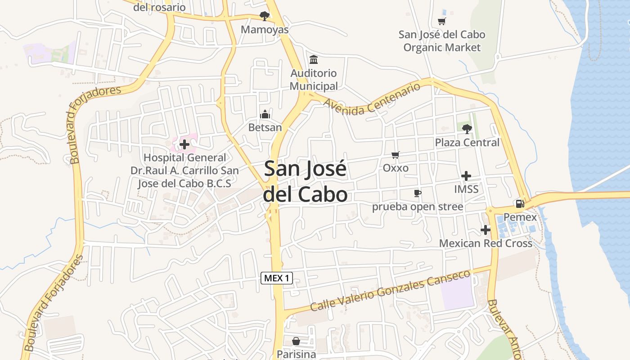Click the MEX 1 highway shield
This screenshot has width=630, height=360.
[277, 278]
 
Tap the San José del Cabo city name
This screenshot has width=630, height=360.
[306, 181]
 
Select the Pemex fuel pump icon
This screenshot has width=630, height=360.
[520, 204]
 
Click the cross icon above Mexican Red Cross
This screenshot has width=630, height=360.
[485, 230]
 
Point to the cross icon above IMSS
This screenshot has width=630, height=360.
[466, 176]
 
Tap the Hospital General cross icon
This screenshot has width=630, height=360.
[184, 144]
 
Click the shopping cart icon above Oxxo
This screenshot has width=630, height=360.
[396, 155]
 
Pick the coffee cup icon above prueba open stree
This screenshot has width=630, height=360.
[418, 193]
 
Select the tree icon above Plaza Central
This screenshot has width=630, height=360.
[467, 129]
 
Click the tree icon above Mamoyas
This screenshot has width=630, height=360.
[265, 16]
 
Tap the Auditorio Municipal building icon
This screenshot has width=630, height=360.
[314, 60]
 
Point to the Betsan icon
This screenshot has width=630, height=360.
[265, 114]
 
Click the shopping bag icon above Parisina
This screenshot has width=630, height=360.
[296, 341]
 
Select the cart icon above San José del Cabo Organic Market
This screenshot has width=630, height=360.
[442, 21]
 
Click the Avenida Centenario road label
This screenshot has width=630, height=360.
[372, 99]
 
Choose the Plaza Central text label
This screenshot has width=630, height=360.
[467, 143]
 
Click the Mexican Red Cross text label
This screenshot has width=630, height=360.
[486, 243]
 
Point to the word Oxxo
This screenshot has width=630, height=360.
[396, 168]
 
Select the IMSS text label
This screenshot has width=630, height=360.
[466, 189]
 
